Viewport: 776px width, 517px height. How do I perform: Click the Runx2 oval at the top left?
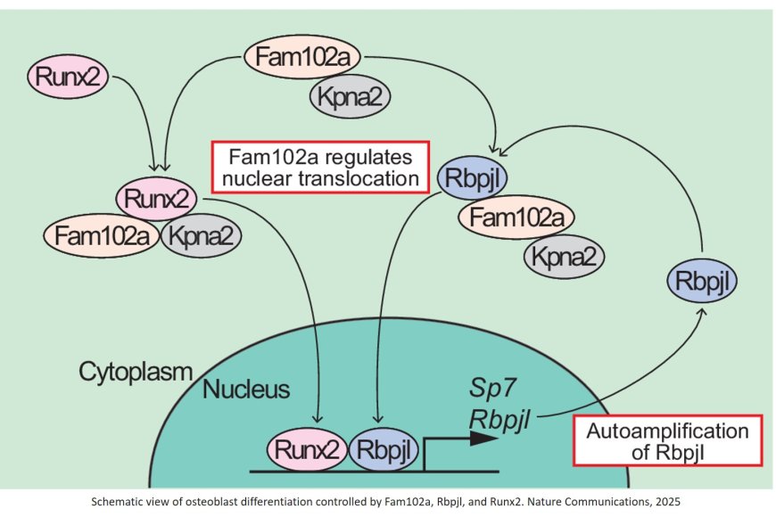(x=67, y=78)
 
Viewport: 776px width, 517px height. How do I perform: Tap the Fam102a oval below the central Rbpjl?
(x=516, y=217)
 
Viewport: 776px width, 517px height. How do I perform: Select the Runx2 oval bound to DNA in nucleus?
(x=306, y=451)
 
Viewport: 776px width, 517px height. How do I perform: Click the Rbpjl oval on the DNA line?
(x=382, y=451)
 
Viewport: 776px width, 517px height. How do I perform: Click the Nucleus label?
(x=245, y=390)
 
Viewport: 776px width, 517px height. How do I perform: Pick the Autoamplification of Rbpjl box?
(x=667, y=440)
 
